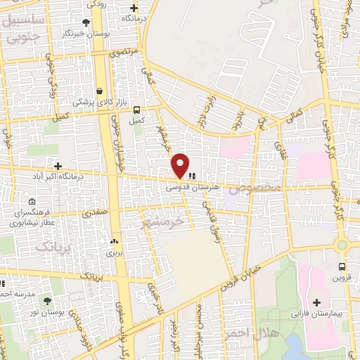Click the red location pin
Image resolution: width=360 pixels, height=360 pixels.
tap(181, 165)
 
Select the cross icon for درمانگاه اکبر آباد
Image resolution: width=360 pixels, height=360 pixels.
tap(58, 165)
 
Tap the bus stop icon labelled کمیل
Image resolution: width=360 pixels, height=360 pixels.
tap(136, 110)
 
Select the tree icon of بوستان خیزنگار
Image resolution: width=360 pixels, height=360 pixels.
tap(86, 22)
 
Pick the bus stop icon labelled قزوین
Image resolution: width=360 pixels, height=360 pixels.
tap(342, 266)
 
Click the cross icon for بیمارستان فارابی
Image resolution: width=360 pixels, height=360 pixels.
tap(317, 302)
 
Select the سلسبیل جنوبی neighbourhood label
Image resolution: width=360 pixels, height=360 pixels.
tap(23, 30)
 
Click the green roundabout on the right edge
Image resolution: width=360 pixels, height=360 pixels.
tap(342, 245)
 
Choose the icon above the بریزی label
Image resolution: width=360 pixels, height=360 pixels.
tap(112, 240)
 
